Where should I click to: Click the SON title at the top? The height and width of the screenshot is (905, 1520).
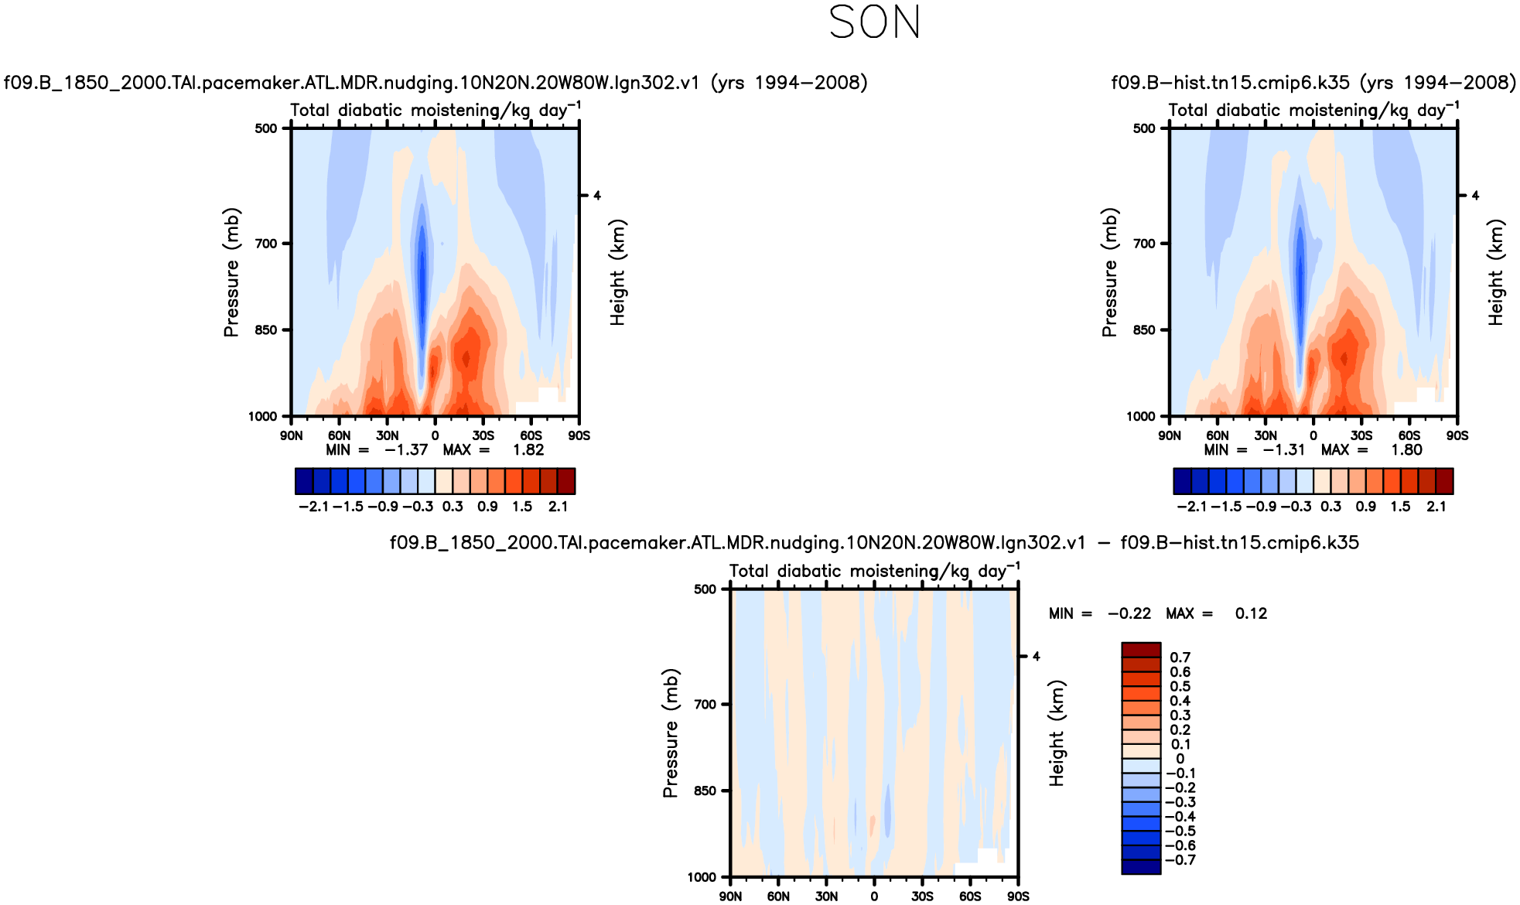pos(874,22)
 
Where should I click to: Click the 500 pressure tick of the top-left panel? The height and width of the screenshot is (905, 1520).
pos(266,128)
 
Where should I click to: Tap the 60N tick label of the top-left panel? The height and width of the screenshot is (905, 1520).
pos(339,435)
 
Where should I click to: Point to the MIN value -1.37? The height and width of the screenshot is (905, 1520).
pos(406,450)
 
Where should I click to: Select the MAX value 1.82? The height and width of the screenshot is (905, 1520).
pos(528,450)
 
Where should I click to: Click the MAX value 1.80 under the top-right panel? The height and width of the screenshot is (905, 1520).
pos(1406,450)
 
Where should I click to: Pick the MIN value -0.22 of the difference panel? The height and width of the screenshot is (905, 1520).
pos(1129,614)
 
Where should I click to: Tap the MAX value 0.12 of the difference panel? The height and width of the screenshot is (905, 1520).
pos(1251,614)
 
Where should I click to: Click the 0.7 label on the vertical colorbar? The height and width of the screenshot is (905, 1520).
pos(1180,657)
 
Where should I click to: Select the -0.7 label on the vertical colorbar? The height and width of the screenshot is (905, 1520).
pos(1180,860)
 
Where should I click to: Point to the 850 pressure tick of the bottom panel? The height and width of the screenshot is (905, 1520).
pos(705,791)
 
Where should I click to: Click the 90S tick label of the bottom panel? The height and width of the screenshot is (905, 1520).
pos(1018,896)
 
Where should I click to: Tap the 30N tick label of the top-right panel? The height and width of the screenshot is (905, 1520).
pos(1266,435)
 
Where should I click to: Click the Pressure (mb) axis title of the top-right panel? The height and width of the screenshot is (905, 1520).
pos(1109,272)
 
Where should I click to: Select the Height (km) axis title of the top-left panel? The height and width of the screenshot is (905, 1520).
pos(617,272)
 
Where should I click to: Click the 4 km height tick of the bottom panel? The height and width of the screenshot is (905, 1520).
pos(1037,657)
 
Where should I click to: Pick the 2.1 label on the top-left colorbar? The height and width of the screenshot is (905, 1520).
pos(558,507)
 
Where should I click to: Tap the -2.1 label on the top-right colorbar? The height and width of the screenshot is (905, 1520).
pos(1191,507)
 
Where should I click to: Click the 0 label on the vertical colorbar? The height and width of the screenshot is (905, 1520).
pos(1180,759)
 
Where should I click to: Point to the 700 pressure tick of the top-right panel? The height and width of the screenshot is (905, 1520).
pos(1144,244)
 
